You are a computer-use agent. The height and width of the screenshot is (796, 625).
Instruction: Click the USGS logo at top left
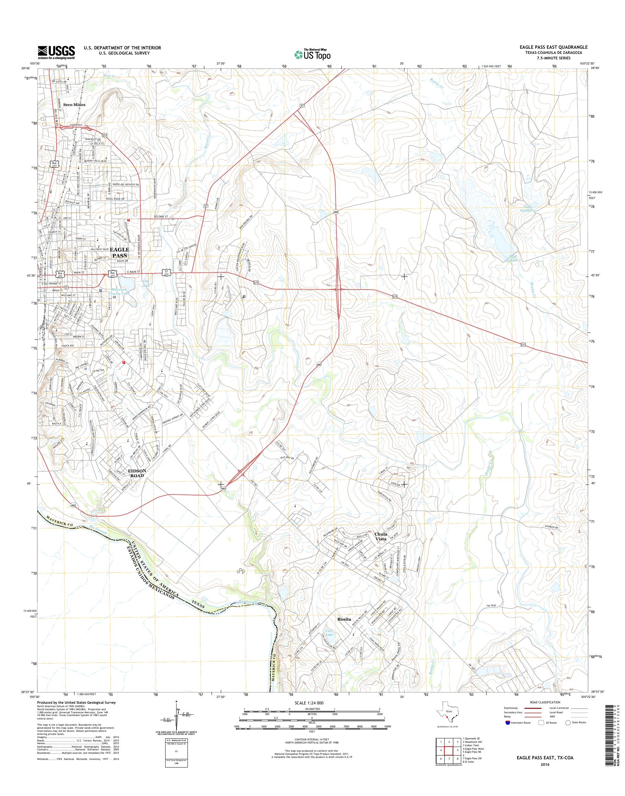pos(56,52)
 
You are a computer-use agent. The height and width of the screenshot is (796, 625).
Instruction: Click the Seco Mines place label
pos(74,105)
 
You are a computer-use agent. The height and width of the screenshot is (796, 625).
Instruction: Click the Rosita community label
pos(344,619)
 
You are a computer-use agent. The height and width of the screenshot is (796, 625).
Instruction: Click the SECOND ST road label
pos(160,217)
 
